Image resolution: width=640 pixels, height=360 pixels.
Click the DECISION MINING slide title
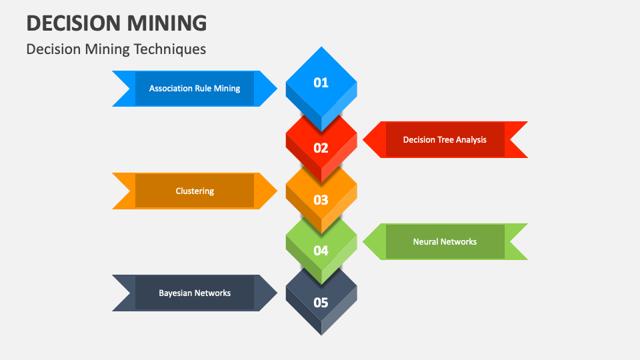117,23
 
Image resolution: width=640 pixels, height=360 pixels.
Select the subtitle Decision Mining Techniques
116,49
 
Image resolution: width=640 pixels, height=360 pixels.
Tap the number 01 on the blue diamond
321,83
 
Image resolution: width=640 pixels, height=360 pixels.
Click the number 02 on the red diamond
321,148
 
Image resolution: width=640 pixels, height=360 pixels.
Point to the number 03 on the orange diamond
321,199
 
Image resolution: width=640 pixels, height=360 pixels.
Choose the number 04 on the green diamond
321,251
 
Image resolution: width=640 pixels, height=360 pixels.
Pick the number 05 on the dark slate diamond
321,302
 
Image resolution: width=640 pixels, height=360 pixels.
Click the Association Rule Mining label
195,89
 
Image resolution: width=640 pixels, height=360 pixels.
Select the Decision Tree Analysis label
445,140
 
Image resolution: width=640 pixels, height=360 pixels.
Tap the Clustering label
195,191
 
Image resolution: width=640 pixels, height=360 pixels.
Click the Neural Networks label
445,242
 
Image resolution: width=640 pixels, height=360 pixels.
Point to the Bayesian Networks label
195,293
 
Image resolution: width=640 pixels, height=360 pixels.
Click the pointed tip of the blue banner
276,89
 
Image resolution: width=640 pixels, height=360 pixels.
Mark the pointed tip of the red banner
364,140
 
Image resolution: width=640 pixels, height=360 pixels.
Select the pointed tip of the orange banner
276,191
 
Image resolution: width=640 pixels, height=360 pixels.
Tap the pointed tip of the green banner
364,242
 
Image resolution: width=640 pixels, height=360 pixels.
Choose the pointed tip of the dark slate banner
276,293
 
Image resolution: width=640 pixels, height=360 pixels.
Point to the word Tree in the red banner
446,140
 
